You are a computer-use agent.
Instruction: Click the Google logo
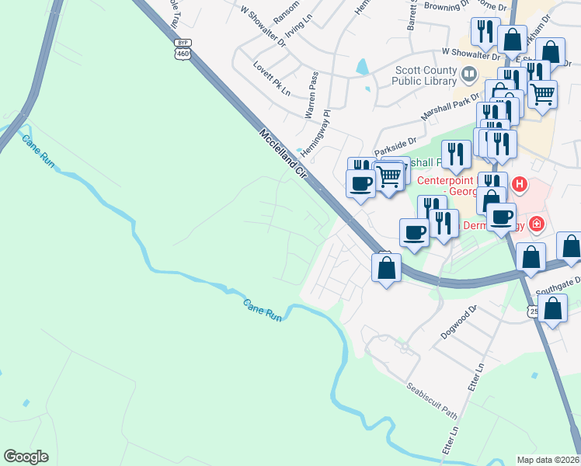point(26,457)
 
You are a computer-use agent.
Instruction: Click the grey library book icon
point(468,75)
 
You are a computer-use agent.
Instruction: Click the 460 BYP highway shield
point(183,48)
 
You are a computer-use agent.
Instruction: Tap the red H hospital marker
point(520,186)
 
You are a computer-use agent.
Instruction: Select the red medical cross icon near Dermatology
point(535,224)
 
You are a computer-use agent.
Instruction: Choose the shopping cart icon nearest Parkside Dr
point(389,176)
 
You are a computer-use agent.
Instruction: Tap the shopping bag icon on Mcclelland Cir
point(386,268)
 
